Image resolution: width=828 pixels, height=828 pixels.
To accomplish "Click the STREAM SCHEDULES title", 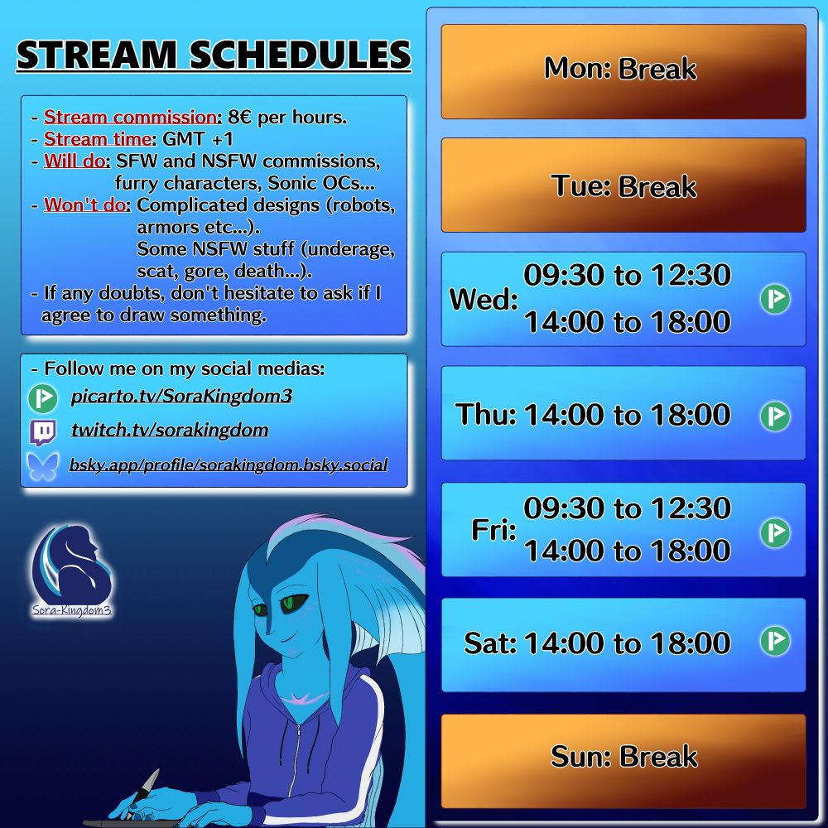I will [x=214, y=55].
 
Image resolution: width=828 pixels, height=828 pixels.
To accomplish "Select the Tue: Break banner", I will [x=623, y=186].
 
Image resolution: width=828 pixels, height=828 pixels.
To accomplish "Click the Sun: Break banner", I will [x=623, y=758].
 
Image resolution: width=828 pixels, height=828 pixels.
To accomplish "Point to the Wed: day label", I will [x=483, y=300].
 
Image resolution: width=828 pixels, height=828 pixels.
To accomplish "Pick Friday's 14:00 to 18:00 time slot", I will [x=627, y=551].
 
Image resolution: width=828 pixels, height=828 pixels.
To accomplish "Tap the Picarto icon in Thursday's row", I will [x=775, y=415].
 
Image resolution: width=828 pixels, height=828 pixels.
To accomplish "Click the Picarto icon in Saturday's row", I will [x=775, y=642].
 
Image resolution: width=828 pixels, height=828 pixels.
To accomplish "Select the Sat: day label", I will [x=490, y=643].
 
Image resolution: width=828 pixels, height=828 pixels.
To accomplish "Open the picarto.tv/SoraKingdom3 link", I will [x=181, y=397].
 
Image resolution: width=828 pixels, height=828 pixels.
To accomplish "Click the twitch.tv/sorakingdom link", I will [x=169, y=431].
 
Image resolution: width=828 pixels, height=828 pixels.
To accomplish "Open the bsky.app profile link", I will [x=229, y=465].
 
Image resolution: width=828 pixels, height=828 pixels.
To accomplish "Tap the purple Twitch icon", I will [x=43, y=432].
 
